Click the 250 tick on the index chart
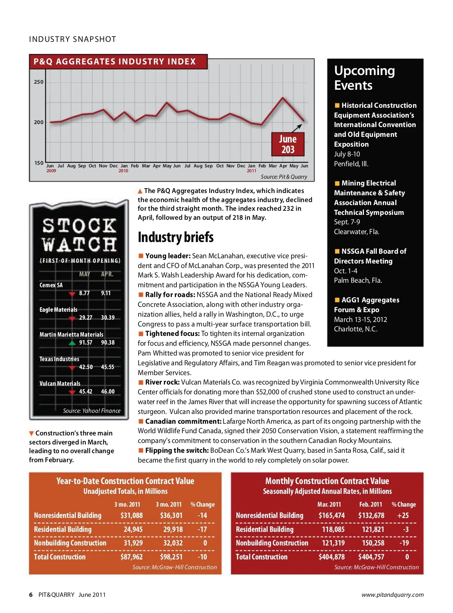click(x=39, y=82)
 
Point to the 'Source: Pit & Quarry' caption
click(x=284, y=176)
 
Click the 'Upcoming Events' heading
click(x=364, y=78)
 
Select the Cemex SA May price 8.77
click(x=84, y=293)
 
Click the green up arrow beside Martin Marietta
click(x=72, y=343)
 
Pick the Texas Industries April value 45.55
click(x=108, y=367)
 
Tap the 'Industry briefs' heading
click(x=176, y=237)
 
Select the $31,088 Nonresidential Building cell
click(x=131, y=515)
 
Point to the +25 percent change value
click(x=403, y=515)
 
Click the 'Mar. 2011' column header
click(x=329, y=504)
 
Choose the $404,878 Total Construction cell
click(x=331, y=557)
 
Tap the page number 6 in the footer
click(x=31, y=595)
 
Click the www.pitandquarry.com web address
click(x=392, y=595)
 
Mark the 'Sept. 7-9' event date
click(x=347, y=222)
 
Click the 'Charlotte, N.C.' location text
click(x=356, y=329)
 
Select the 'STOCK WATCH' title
click(x=79, y=234)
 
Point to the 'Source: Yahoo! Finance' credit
click(x=92, y=411)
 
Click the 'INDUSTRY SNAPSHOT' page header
click(x=72, y=39)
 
